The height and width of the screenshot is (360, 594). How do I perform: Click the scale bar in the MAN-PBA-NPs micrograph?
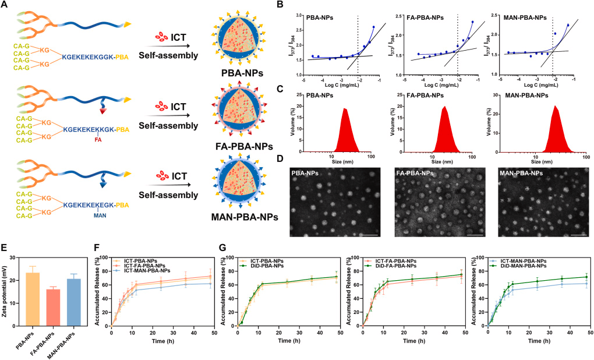[x=578, y=235]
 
